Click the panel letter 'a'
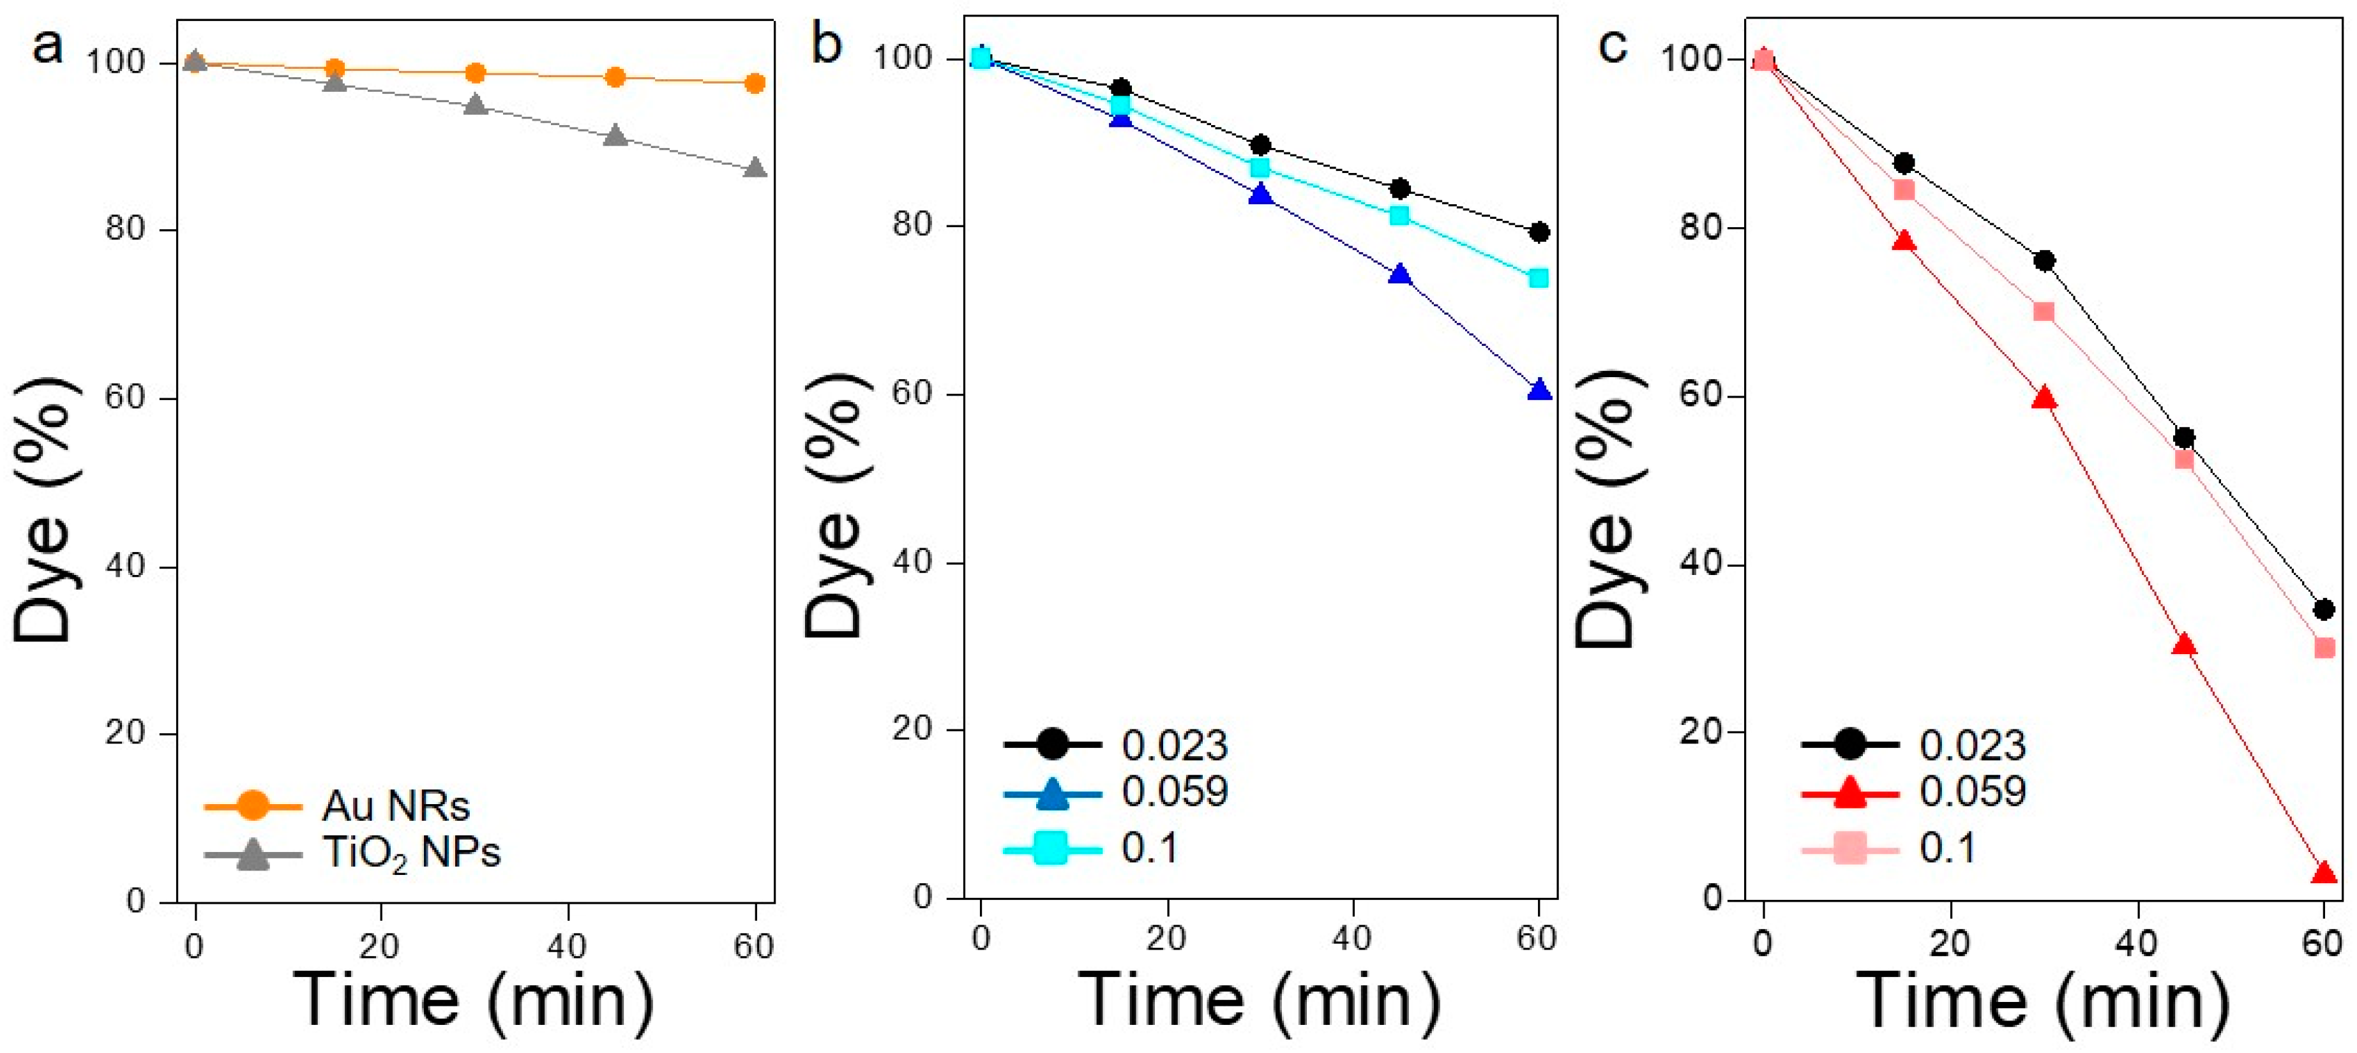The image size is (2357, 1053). [48, 46]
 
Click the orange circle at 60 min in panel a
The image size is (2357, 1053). [755, 83]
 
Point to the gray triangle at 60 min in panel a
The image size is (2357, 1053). [755, 168]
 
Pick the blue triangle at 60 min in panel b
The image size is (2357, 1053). [1539, 391]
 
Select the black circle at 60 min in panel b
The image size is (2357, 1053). [1539, 232]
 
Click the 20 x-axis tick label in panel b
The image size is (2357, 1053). [1166, 939]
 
